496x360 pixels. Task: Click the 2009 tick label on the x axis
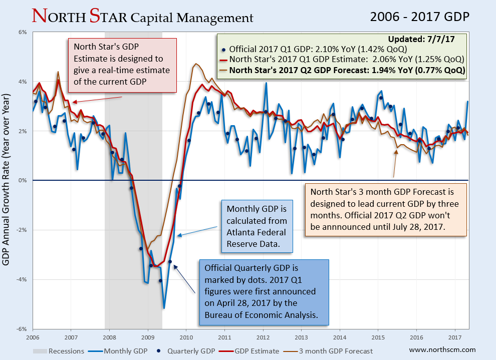[x=148, y=336]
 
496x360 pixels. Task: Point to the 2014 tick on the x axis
[x=340, y=336]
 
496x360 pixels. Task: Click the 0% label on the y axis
[x=23, y=180]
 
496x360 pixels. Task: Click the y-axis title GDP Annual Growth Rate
[x=7, y=180]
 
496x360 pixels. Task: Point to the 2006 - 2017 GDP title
[x=419, y=17]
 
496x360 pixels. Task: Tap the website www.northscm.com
[x=442, y=350]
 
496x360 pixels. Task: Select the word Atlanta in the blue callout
[x=242, y=232]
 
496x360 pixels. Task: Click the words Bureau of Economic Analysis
[x=261, y=315]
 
